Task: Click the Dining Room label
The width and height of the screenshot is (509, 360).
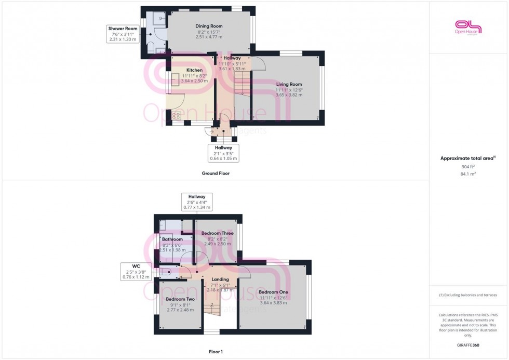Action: click(x=209, y=26)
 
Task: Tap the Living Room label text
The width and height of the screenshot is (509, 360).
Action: click(x=289, y=84)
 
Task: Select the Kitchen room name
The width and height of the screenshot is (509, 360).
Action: click(x=195, y=70)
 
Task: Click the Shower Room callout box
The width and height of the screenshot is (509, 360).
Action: click(x=123, y=33)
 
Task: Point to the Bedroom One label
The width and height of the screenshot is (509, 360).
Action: click(x=273, y=292)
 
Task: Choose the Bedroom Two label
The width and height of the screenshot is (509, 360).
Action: click(x=180, y=299)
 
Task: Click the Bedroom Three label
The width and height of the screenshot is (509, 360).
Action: click(x=217, y=233)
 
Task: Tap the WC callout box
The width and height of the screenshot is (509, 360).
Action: click(x=136, y=272)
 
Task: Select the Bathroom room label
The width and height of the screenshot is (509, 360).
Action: click(x=172, y=239)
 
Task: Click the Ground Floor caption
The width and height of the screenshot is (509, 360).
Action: click(x=216, y=174)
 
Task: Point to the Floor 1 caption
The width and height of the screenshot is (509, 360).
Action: click(x=215, y=352)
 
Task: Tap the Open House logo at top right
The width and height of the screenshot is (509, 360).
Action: click(x=468, y=27)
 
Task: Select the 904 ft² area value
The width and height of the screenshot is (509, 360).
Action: click(x=468, y=167)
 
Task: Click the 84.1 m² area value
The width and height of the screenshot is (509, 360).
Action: click(x=468, y=174)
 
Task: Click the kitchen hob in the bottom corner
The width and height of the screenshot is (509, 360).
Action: click(x=176, y=115)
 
